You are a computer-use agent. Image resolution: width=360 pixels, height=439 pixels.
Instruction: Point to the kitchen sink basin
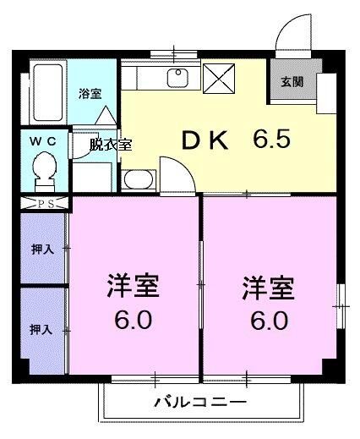[178, 78]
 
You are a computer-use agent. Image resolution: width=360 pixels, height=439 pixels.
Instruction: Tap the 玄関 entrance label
[292, 82]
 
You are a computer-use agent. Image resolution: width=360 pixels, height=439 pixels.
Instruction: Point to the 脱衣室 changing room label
[112, 145]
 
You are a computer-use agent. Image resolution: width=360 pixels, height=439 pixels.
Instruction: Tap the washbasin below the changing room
[137, 179]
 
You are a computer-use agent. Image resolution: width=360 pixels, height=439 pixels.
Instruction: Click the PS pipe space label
[44, 204]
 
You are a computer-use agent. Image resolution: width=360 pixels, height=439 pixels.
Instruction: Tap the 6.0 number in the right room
[268, 321]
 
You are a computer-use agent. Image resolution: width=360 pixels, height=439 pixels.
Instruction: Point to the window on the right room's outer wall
[341, 296]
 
